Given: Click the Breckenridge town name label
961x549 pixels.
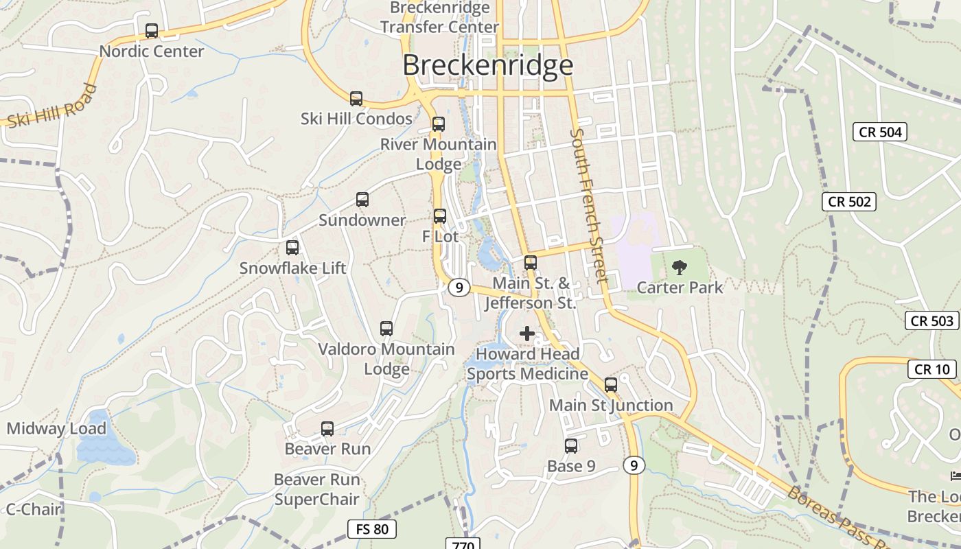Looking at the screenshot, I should coord(487,65).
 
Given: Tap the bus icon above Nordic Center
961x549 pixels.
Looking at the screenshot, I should coord(152,31).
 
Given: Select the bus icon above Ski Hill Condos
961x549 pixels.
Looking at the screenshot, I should coord(356,99).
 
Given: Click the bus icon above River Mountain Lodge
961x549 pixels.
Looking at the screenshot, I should coord(439,124).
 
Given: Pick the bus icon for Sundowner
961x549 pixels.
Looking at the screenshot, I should coord(362,200).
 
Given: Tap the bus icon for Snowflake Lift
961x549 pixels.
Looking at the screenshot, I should coord(292,248).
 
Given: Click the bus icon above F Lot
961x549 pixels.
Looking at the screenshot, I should coord(440,216).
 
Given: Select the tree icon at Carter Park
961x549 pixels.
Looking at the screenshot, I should coord(680,267).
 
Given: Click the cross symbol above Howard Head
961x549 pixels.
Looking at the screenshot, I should coord(527,334).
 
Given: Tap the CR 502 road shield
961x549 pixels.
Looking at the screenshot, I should coord(850,202).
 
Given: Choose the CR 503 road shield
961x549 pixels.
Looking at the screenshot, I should coord(932,320).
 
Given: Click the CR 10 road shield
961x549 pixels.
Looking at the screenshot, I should coord(932,369).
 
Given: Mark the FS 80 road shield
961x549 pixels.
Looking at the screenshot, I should coord(372,529).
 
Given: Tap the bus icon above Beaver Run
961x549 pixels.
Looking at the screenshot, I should coord(327,429).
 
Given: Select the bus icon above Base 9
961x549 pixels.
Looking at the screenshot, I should coord(571,446).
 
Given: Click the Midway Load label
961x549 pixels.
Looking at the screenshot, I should coord(56,429).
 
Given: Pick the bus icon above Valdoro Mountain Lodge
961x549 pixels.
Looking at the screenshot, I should coord(386,329).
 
